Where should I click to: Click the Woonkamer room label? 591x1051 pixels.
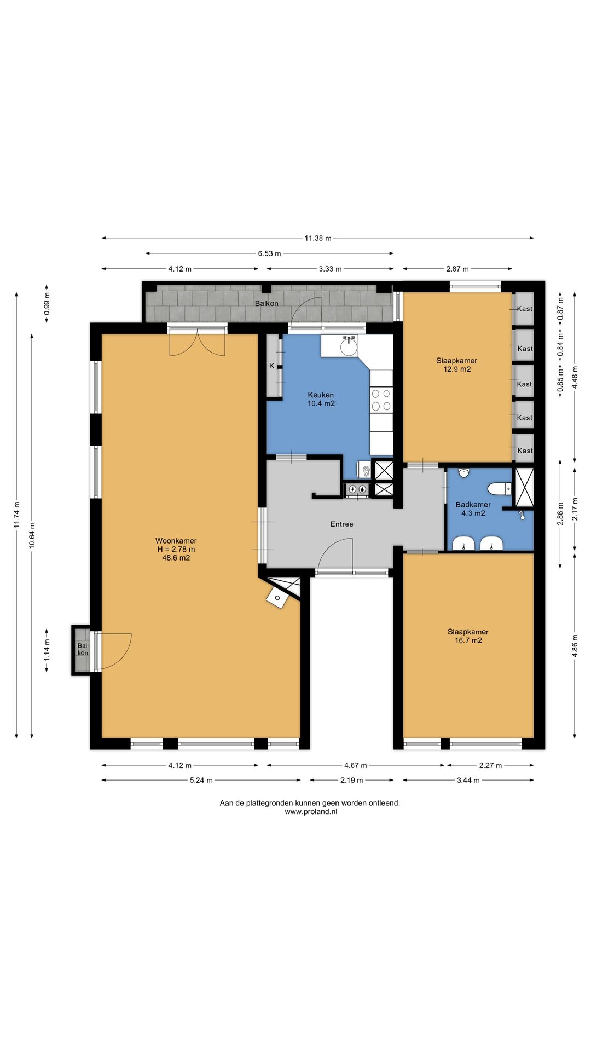(x=176, y=549)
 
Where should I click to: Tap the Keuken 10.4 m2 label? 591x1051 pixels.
(x=321, y=399)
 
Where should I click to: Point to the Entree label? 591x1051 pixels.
(x=342, y=524)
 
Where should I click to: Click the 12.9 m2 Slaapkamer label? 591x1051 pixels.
(x=456, y=365)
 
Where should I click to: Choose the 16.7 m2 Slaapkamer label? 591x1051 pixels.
(x=468, y=636)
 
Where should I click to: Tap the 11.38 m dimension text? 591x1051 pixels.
(x=318, y=238)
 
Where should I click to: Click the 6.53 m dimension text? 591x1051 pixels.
(x=269, y=253)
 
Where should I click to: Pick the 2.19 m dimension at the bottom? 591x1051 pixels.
(x=351, y=780)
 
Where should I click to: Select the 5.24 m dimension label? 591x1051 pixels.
(x=201, y=780)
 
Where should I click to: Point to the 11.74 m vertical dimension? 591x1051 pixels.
(x=16, y=515)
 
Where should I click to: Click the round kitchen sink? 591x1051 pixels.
(x=349, y=347)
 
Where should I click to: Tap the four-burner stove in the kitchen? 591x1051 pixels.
(x=381, y=399)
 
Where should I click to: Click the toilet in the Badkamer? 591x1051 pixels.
(x=499, y=488)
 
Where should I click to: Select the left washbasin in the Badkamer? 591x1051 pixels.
(x=463, y=544)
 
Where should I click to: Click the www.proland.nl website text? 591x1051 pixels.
(x=311, y=812)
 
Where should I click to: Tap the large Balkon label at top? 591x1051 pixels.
(x=266, y=303)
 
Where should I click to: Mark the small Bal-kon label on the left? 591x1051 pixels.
(x=83, y=649)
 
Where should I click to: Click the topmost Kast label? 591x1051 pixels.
(x=524, y=309)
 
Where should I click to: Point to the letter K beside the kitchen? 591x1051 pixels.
(x=271, y=366)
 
